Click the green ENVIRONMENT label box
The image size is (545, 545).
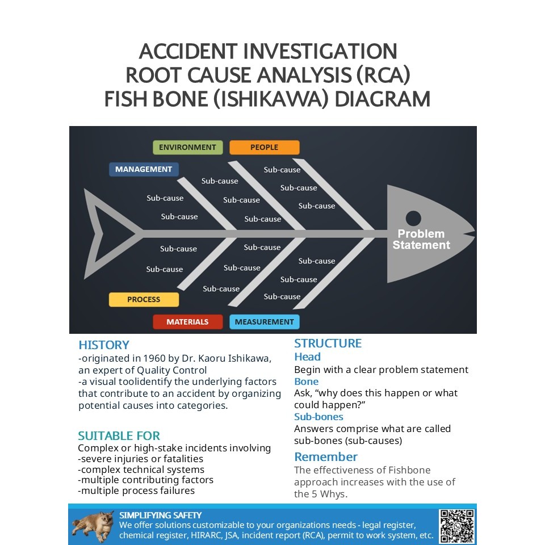[x=187, y=148]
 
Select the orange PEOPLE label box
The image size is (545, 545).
[x=264, y=148]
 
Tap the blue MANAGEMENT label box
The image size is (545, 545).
[x=144, y=169]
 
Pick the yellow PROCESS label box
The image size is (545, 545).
[x=144, y=299]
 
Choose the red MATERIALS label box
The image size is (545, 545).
[x=187, y=322]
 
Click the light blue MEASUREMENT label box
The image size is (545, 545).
[x=264, y=322]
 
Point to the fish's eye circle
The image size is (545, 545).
[x=413, y=217]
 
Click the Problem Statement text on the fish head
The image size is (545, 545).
[x=421, y=240]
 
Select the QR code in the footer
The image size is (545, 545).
[x=457, y=526]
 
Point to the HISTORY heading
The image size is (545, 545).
[x=104, y=345]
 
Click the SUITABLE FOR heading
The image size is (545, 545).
[x=119, y=436]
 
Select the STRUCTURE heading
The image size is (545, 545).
[x=328, y=343]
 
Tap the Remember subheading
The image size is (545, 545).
[x=326, y=457]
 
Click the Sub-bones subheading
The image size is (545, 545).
[x=318, y=417]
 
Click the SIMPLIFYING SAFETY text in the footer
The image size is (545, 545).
[x=161, y=515]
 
